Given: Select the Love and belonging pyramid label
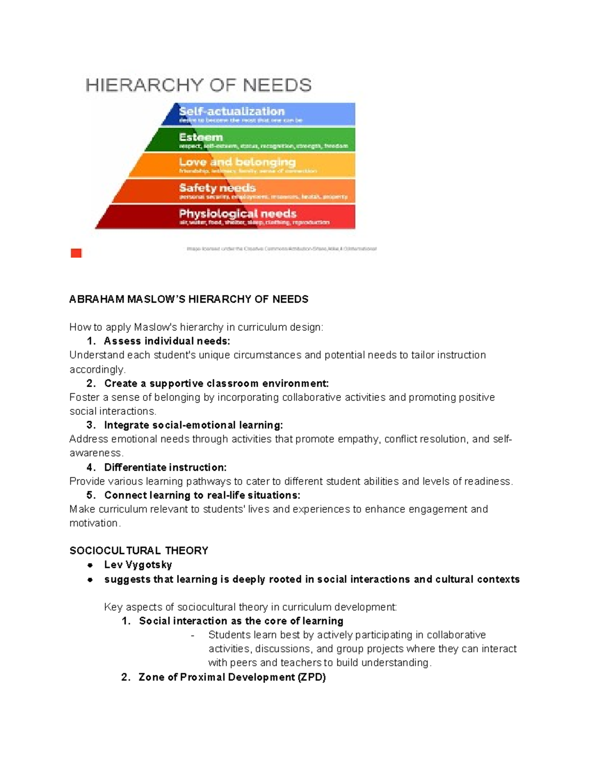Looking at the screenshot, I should point(237,162).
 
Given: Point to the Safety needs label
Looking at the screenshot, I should point(217,188).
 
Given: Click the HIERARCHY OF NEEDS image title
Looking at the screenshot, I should point(198,85).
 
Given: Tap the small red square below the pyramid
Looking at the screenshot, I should point(76,253).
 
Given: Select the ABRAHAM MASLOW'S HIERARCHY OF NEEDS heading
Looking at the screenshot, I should point(189,299).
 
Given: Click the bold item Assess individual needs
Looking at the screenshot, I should point(166,341).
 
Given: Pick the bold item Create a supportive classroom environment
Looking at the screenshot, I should point(216,383).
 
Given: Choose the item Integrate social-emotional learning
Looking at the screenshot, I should point(194,425).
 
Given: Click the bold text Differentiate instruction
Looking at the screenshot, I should point(165,467).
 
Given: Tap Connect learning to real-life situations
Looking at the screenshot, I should point(202,495).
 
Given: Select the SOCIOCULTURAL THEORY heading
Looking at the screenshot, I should point(139,550).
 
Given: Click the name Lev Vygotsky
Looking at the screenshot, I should point(138,565).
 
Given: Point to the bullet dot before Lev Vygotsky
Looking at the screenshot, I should point(90,565).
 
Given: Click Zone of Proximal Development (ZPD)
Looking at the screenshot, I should point(232,677).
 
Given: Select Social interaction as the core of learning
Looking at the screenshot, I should point(241,621).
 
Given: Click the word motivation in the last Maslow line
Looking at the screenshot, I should point(94,523).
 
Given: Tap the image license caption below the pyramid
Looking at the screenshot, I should point(281,249).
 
